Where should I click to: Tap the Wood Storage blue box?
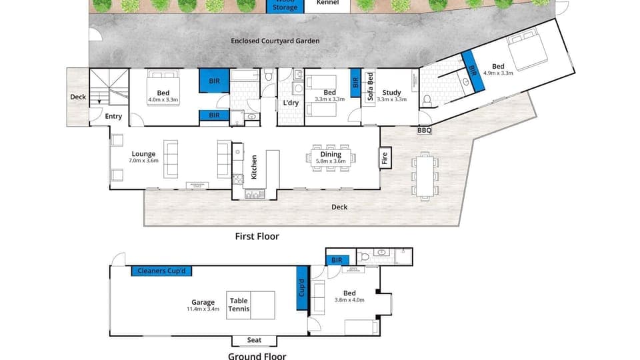coord(285,6)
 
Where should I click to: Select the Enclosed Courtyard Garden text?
coord(275,41)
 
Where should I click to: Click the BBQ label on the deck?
coord(424,131)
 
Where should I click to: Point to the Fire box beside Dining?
coord(385,158)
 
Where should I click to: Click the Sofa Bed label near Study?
coord(369,89)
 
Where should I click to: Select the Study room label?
coord(391,93)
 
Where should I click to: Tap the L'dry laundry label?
coord(291,103)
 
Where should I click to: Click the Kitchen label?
coord(254,167)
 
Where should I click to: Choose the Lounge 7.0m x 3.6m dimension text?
coord(143,161)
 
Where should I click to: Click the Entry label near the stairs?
coord(114,117)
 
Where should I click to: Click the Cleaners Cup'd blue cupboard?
coord(163,271)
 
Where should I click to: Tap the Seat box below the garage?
coord(254,340)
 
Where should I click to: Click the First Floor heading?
coord(257,236)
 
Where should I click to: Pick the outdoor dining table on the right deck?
coord(424,176)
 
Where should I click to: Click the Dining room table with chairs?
coord(331,158)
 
